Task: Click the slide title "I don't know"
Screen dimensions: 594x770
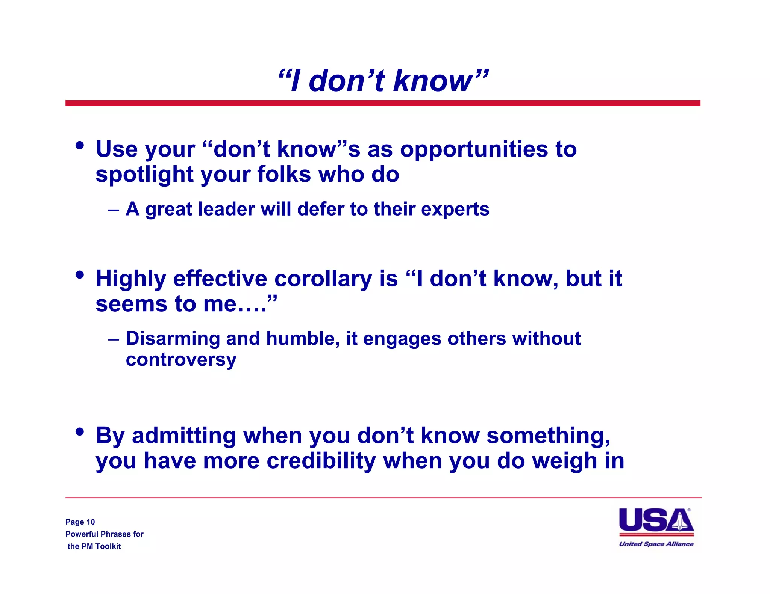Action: coord(383,81)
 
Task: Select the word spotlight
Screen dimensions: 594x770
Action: coord(144,175)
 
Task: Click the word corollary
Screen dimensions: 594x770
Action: coord(323,279)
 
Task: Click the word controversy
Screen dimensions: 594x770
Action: coord(181,360)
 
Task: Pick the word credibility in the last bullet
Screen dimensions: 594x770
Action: coord(321,461)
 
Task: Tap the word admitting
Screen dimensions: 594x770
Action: coord(184,436)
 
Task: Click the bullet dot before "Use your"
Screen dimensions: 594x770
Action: coord(79,145)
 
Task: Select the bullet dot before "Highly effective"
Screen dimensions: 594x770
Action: coord(79,275)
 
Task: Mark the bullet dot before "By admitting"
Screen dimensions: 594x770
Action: coord(79,431)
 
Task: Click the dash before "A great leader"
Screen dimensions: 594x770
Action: coord(114,210)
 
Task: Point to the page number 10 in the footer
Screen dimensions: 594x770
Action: coord(91,522)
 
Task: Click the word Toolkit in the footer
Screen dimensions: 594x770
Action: coord(108,546)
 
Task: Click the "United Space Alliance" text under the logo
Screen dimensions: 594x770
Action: coord(656,544)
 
